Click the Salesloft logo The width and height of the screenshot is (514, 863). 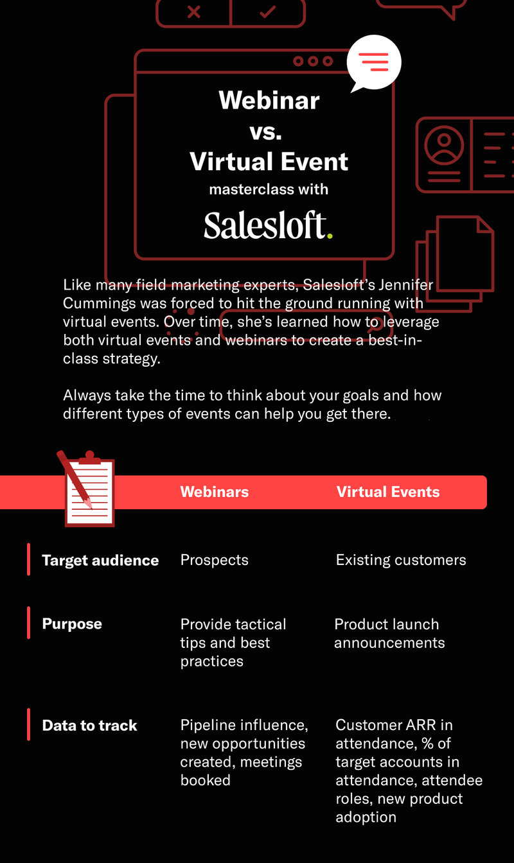[x=268, y=225]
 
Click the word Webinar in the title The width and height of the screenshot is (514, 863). [x=269, y=100]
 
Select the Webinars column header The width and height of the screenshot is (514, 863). [x=215, y=492]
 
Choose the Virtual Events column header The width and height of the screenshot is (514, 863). [x=388, y=492]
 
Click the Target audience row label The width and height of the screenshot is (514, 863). [x=100, y=561]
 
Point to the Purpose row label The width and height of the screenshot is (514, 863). [x=72, y=623]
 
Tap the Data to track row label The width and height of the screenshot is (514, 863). [x=89, y=726]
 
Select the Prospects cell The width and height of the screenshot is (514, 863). [x=215, y=560]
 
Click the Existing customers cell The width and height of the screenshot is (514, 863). [x=401, y=560]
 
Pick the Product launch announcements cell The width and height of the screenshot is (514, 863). [x=389, y=633]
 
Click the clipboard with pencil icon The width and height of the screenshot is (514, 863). [x=86, y=489]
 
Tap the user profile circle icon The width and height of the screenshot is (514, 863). [x=444, y=145]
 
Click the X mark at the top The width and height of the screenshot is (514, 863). [x=193, y=12]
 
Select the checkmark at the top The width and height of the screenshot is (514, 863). [x=268, y=12]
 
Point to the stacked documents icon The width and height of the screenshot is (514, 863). [x=455, y=264]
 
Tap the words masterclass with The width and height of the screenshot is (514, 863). [x=269, y=189]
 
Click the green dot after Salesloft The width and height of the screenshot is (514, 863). [x=330, y=236]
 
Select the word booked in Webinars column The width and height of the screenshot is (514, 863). [x=205, y=781]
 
